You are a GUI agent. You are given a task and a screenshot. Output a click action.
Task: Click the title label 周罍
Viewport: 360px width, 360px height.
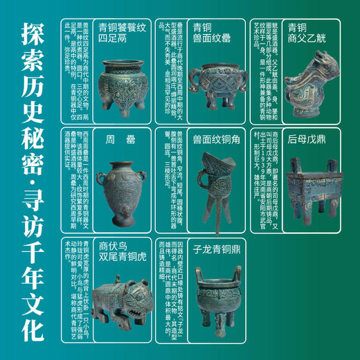point(114,138)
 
